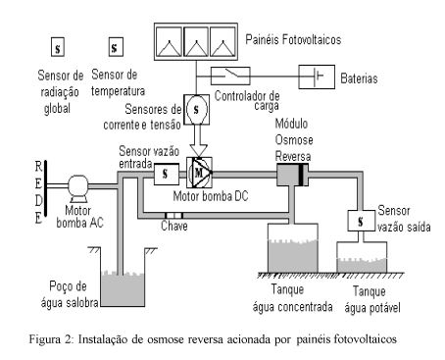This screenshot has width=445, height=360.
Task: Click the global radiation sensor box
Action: click(x=58, y=47)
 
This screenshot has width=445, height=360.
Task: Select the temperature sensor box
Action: click(x=116, y=47)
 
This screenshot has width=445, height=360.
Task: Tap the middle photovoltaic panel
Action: click(x=196, y=41)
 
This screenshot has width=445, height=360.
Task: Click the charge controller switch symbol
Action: click(x=230, y=76)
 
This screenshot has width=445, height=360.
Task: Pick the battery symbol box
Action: click(x=317, y=77)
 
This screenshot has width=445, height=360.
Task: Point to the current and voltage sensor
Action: click(x=196, y=110)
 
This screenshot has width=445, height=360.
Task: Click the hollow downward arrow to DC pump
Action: click(x=199, y=140)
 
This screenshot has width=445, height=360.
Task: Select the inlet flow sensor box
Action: click(x=167, y=174)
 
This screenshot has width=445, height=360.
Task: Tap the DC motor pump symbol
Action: click(x=199, y=173)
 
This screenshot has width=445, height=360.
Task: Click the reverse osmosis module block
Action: click(x=292, y=175)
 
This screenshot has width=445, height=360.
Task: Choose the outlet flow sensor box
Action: click(x=361, y=221)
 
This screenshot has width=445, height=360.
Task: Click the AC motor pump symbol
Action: click(x=77, y=188)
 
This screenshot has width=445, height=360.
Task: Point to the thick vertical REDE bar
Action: click(x=46, y=188)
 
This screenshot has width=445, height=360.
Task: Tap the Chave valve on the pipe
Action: click(x=173, y=216)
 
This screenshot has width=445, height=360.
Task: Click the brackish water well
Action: click(x=123, y=278)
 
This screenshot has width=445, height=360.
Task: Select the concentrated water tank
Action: click(x=293, y=248)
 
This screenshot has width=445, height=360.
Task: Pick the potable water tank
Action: click(x=362, y=257)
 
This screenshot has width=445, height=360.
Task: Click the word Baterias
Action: click(x=359, y=78)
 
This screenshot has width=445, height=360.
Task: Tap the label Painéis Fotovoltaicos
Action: click(x=293, y=39)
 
